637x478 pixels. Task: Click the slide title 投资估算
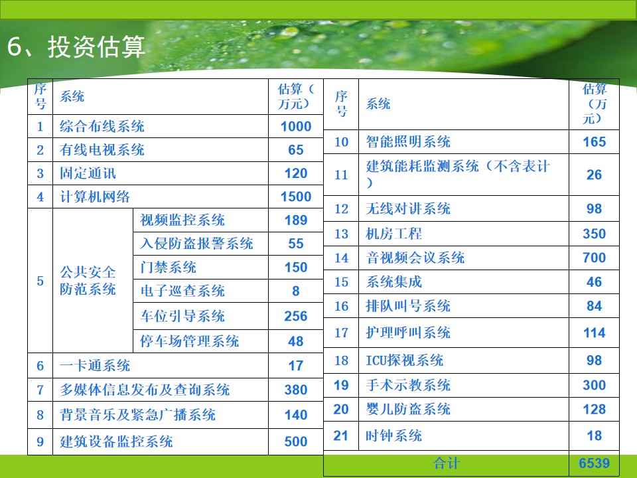tap(96, 46)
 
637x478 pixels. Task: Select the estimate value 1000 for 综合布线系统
tap(296, 126)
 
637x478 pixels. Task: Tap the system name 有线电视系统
tap(102, 149)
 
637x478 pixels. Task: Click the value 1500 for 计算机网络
tap(296, 197)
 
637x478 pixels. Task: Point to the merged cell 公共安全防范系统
tap(88, 280)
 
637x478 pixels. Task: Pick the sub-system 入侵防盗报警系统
tap(196, 244)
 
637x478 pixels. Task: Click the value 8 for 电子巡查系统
tap(296, 291)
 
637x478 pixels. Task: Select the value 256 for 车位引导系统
tap(296, 316)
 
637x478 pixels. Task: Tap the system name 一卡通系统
tap(95, 365)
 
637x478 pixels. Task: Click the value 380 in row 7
tap(296, 390)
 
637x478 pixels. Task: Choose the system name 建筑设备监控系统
tap(116, 441)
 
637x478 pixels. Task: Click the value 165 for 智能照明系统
tap(595, 142)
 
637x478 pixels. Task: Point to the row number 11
tap(341, 175)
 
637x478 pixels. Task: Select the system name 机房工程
tap(393, 234)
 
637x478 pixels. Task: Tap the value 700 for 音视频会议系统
tap(595, 258)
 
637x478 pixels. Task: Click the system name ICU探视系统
tap(405, 360)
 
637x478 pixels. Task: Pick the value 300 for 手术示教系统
tap(595, 385)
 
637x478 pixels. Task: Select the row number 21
tap(341, 436)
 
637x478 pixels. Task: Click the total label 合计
tap(447, 463)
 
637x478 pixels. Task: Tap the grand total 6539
tap(595, 463)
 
